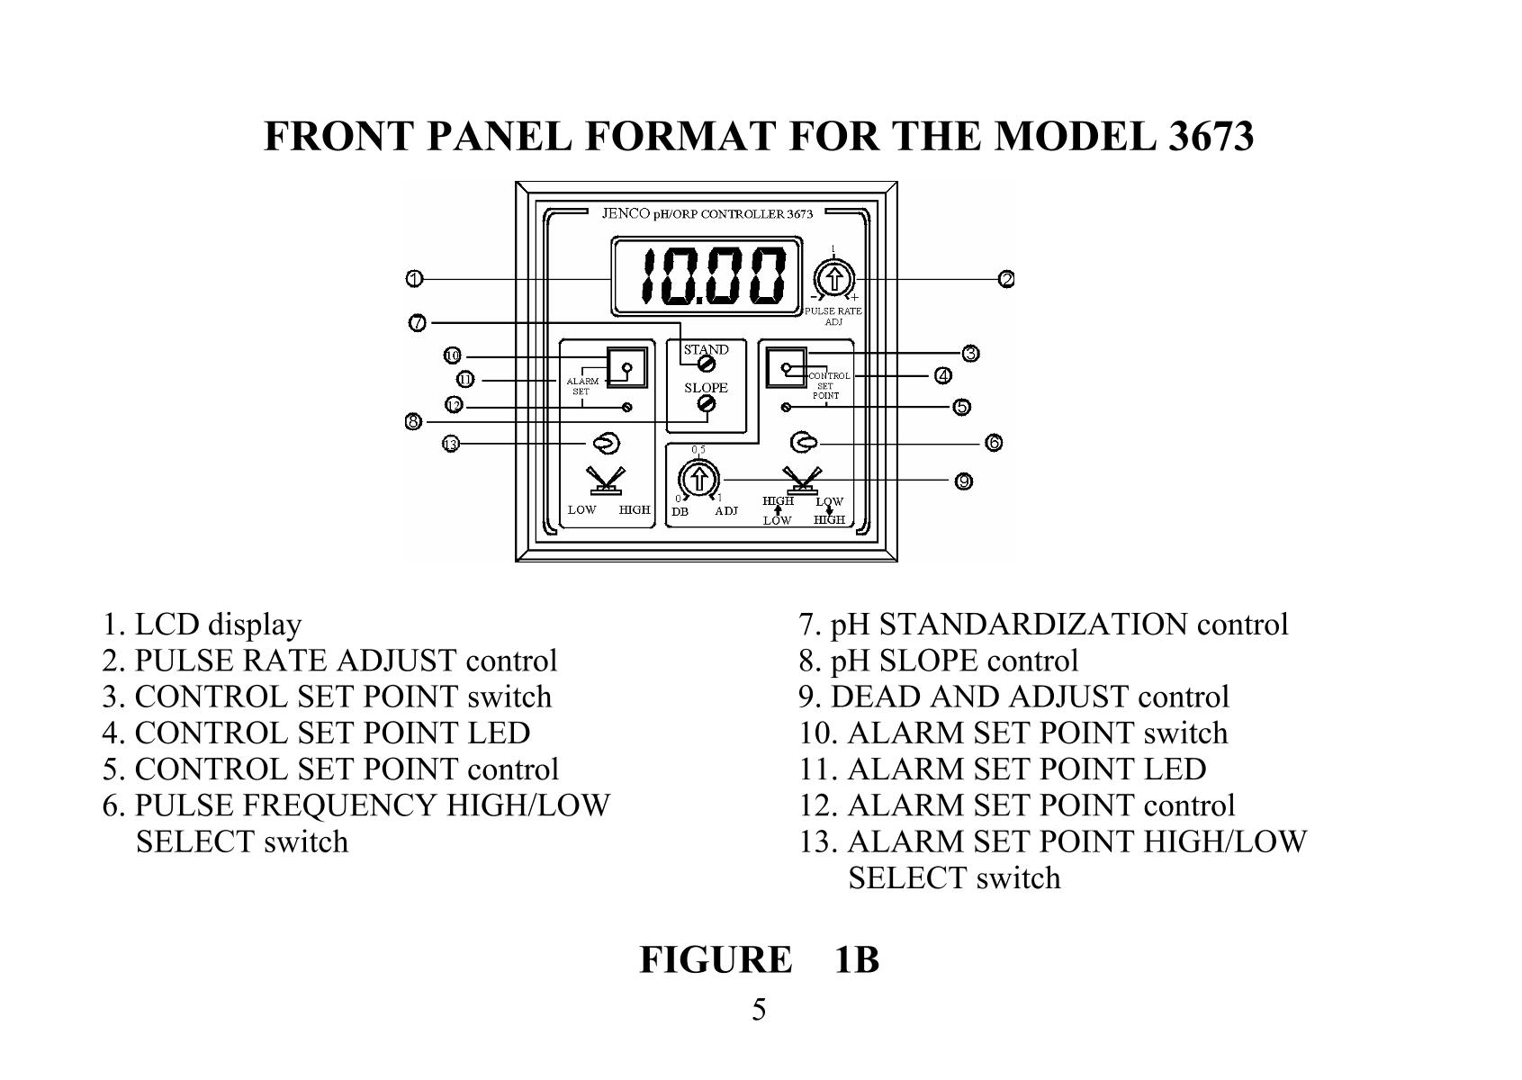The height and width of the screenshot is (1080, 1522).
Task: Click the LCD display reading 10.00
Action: pos(707,276)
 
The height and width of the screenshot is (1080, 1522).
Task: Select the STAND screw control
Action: pos(707,364)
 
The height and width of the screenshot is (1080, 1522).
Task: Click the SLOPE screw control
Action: pos(707,406)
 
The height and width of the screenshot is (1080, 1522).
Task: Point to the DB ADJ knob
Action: pos(698,479)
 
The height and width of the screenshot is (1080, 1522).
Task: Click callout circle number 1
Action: pos(413,279)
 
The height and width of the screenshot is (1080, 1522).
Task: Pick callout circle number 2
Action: pos(1006,279)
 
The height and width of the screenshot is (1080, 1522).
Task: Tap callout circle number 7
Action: pos(418,323)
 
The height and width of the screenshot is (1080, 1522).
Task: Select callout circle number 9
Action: pos(963,481)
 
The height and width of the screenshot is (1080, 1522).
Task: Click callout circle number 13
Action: pos(451,443)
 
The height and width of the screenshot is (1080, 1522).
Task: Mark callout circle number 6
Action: pos(993,443)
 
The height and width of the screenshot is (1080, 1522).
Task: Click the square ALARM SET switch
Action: pos(626,366)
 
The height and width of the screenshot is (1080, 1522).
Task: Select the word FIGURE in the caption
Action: pos(716,960)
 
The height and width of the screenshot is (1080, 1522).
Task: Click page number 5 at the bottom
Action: pos(760,1011)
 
